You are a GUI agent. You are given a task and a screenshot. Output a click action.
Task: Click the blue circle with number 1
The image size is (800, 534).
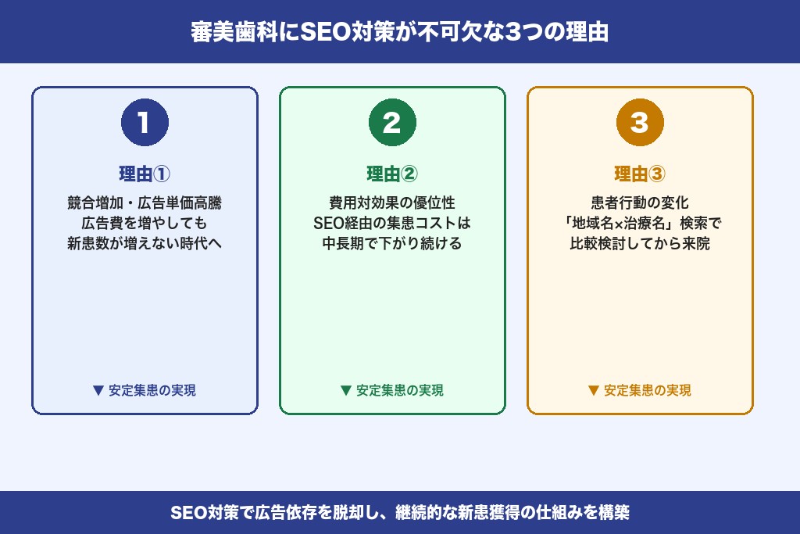pos(145,122)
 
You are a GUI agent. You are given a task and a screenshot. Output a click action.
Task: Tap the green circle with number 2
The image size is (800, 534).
pos(392,122)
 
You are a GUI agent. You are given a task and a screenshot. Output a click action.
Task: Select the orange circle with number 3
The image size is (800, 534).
pos(640,122)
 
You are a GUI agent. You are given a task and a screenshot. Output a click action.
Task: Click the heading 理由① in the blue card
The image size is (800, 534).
pos(145,174)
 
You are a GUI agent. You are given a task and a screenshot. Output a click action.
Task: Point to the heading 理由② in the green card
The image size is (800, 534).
pos(392,174)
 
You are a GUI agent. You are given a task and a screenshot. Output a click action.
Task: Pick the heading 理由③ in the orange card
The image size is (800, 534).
pos(640,174)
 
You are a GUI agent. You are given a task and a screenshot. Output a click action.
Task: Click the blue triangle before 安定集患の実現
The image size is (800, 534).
pos(98,390)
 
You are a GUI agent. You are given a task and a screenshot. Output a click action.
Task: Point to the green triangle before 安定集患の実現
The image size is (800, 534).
pos(345,390)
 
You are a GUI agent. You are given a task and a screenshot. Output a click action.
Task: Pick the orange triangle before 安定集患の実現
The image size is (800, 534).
pos(593,390)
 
